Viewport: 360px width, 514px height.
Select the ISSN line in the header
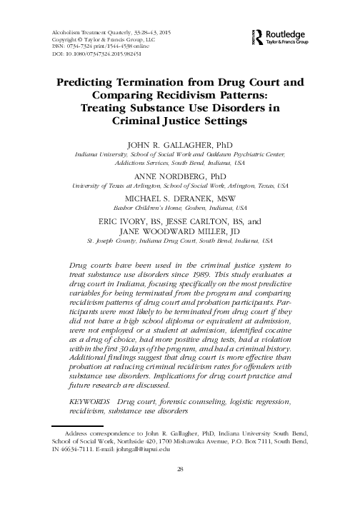coord(100,46)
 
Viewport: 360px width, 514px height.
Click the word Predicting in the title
coord(91,83)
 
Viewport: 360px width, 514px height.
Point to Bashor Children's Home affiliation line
coord(180,208)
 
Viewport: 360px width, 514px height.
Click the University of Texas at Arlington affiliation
coord(180,185)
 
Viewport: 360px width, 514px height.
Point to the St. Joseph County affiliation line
coord(180,243)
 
